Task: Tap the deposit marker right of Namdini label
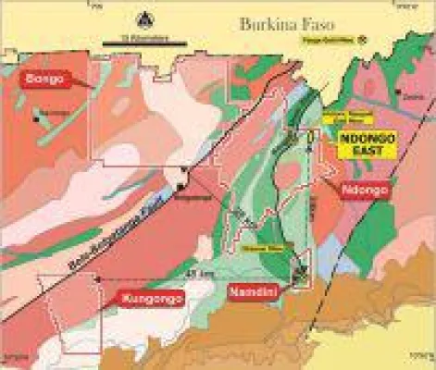pos(298,273)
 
